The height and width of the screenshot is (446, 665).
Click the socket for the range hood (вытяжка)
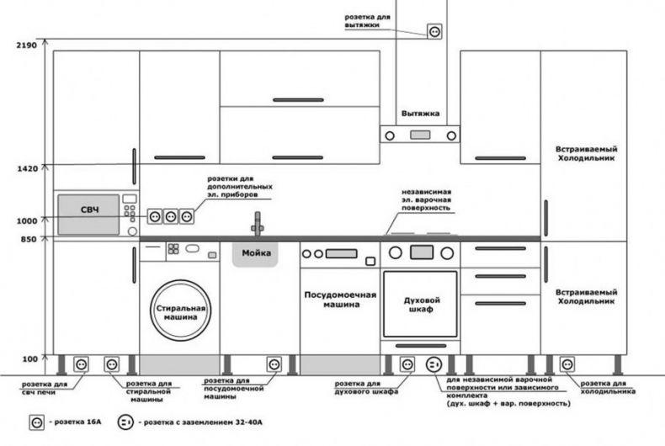point(434,31)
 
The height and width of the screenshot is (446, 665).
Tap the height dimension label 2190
point(26,45)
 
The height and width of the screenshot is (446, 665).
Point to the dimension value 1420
point(27,169)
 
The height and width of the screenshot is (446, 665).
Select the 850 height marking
point(29,239)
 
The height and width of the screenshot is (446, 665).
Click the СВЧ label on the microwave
point(89,210)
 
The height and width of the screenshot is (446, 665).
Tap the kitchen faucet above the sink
point(257,224)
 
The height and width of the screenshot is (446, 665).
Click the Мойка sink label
point(256,253)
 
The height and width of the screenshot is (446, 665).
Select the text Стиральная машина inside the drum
point(181,312)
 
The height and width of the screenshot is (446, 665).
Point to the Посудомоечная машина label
point(340,300)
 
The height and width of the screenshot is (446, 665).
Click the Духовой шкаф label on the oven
point(422,305)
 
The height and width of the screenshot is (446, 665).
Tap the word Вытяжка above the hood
point(420,114)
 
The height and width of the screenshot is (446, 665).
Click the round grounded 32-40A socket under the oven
point(434,364)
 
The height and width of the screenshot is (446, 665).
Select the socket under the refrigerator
point(567,364)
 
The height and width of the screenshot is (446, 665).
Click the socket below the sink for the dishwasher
point(274,364)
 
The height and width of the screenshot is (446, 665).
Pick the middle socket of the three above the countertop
point(171,216)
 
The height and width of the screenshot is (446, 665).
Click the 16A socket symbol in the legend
point(36,422)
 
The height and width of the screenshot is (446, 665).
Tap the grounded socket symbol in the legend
point(125,422)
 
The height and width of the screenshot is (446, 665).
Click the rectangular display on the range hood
point(420,135)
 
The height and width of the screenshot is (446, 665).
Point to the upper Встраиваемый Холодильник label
point(586,153)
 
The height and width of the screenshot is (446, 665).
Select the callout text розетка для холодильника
point(607,387)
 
